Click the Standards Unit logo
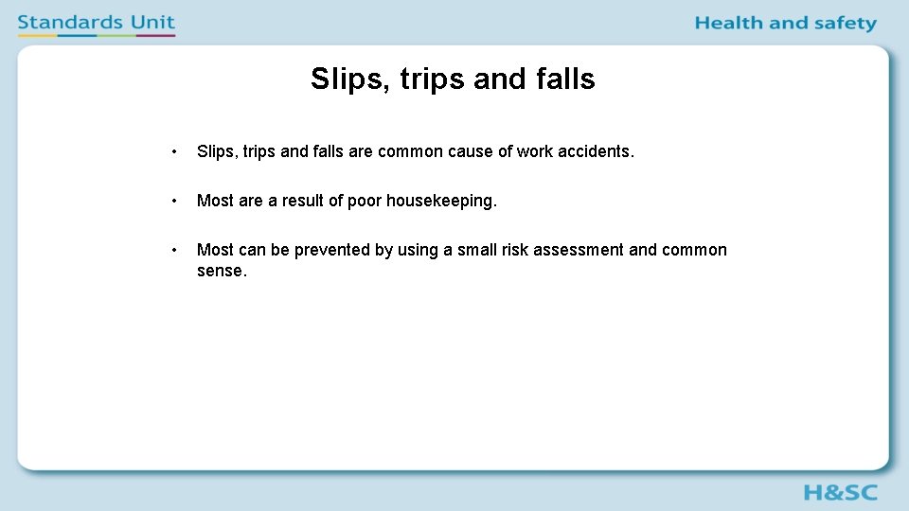pos(97,24)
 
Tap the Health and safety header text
pos(785,24)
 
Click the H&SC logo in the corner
pos(840,492)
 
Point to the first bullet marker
pos(174,151)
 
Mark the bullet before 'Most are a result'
pos(174,201)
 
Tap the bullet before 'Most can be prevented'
pos(174,250)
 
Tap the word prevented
pos(332,250)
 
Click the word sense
pos(221,271)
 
